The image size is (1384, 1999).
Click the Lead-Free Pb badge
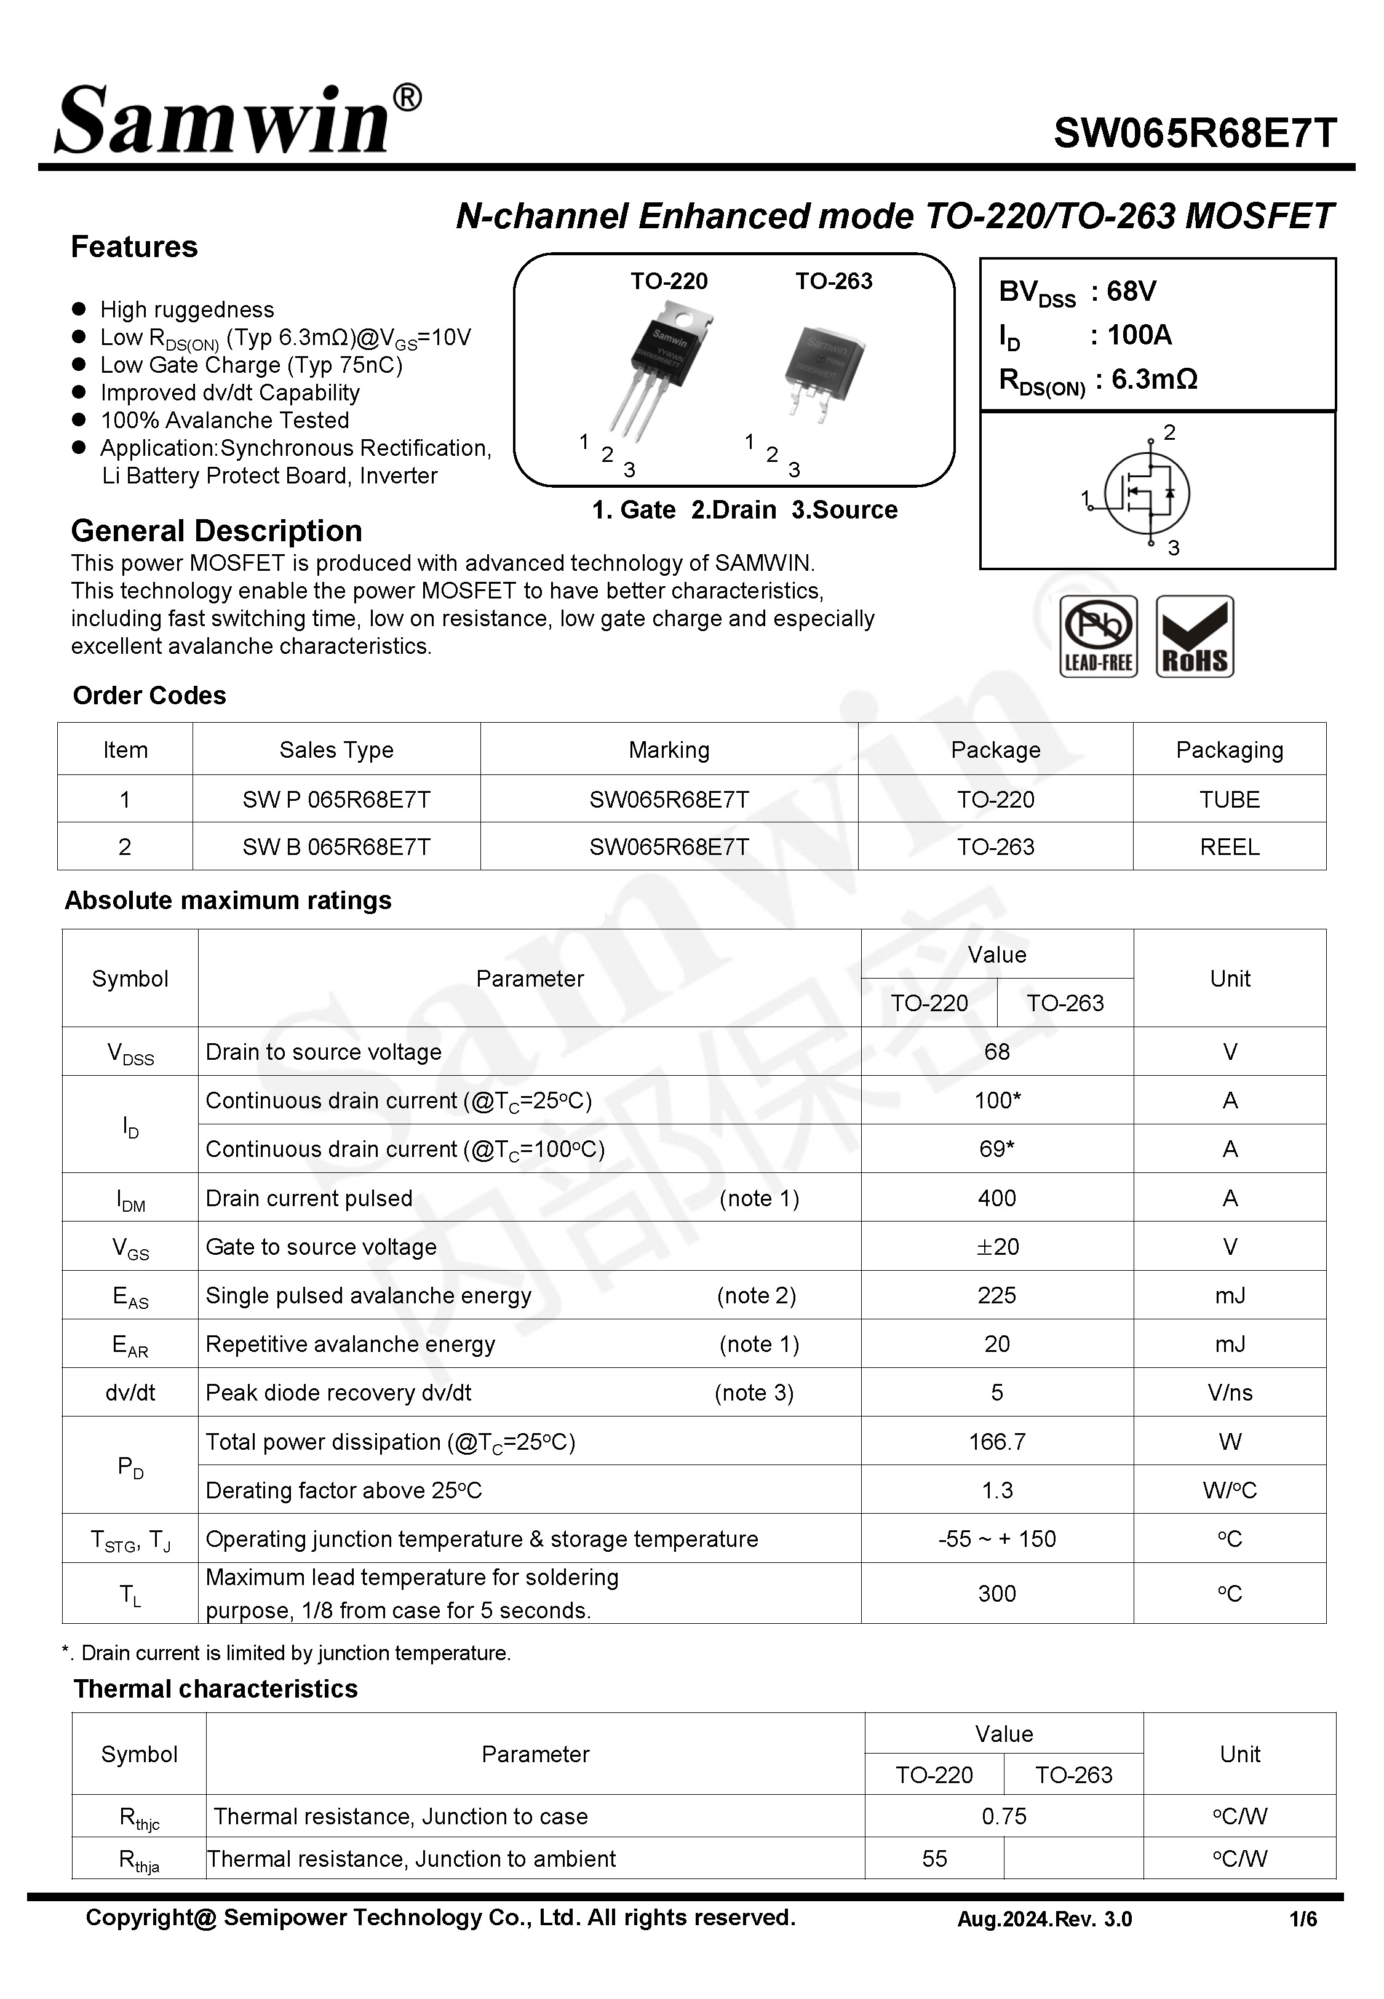pos(1098,636)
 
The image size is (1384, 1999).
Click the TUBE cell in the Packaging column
pos(1229,799)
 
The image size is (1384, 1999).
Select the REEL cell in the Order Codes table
pos(1229,847)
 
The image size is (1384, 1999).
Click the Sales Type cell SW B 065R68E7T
pos(336,847)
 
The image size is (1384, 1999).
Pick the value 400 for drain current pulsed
pos(996,1198)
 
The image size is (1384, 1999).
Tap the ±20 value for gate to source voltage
pos(996,1247)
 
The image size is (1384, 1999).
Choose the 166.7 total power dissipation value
pos(996,1442)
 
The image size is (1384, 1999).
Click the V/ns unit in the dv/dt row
pos(1229,1392)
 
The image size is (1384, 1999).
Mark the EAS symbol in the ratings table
pos(130,1297)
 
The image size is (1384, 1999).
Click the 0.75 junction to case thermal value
pos(1003,1816)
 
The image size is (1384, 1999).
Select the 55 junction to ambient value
pos(934,1859)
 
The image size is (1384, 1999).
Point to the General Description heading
pos(216,531)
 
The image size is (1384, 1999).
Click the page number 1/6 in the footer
pos(1302,1919)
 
